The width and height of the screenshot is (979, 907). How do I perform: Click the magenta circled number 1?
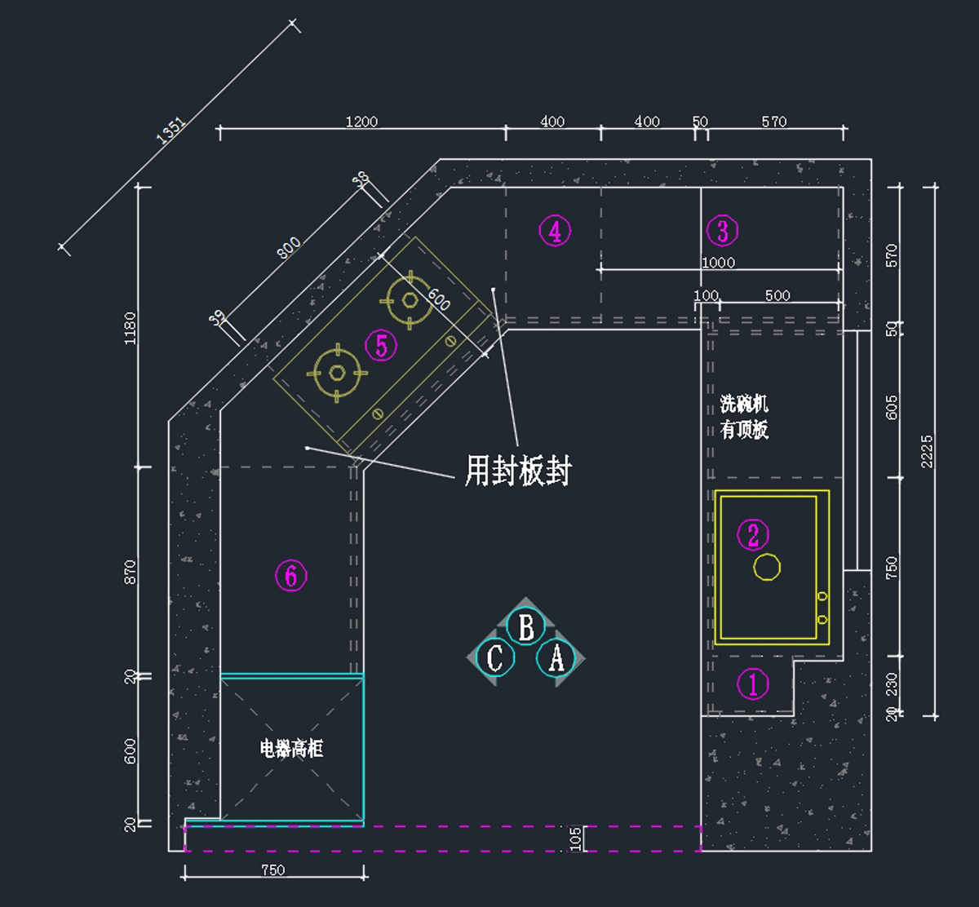[752, 684]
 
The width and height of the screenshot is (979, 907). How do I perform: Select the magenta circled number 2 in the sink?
[752, 535]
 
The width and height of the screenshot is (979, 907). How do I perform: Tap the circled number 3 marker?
[722, 231]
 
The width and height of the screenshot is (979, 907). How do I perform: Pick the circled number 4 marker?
[555, 231]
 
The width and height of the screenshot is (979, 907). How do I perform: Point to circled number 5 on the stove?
[381, 346]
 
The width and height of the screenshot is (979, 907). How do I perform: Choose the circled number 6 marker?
[290, 576]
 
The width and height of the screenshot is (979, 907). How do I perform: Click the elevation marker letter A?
[556, 657]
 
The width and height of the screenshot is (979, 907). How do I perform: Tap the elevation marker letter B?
[526, 627]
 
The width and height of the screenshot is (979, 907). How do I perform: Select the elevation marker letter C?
[495, 657]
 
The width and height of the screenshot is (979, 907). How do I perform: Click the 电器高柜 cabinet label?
[291, 748]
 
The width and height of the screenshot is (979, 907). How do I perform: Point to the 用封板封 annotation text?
[518, 471]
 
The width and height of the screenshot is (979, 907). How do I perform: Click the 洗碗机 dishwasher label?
[744, 404]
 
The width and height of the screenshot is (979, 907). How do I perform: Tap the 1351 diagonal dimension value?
[172, 131]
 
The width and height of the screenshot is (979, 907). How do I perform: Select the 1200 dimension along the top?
[361, 122]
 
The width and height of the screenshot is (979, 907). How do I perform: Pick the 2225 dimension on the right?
[927, 451]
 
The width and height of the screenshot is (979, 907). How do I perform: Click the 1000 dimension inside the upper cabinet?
[718, 263]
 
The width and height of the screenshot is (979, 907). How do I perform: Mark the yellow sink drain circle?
[767, 567]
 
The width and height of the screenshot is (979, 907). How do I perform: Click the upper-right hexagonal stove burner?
[410, 299]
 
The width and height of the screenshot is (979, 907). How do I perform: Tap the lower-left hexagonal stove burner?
[337, 373]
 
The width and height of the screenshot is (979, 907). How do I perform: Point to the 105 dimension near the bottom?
[576, 838]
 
